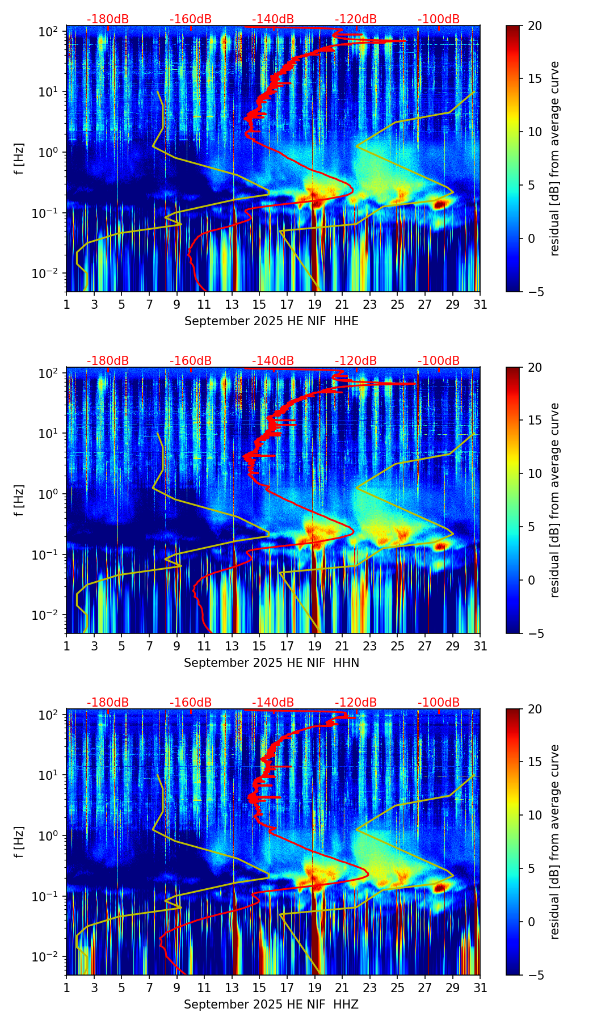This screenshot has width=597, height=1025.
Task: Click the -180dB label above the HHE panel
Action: [x=108, y=19]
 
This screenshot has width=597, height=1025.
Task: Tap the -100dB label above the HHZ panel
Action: [x=439, y=703]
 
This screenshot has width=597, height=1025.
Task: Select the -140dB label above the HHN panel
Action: [x=273, y=361]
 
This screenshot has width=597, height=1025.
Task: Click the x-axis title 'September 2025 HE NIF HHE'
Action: [x=271, y=321]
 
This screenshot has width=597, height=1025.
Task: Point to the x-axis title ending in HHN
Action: [x=271, y=663]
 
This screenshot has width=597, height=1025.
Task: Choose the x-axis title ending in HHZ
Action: [x=271, y=1005]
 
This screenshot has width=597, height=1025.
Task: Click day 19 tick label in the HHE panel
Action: [x=315, y=305]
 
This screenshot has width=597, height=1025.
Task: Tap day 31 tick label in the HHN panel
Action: [x=480, y=646]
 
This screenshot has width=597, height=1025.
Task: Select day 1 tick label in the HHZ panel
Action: [x=66, y=988]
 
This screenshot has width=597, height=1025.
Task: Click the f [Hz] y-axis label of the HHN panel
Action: [x=19, y=500]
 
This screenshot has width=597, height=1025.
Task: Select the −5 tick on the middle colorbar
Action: [x=535, y=633]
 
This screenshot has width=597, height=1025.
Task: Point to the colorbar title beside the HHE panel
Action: [x=554, y=158]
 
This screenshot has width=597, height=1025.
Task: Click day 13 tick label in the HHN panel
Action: [x=232, y=646]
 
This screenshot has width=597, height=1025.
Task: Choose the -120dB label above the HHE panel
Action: [x=356, y=19]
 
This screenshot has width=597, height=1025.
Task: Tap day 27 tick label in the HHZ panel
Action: [x=425, y=988]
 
